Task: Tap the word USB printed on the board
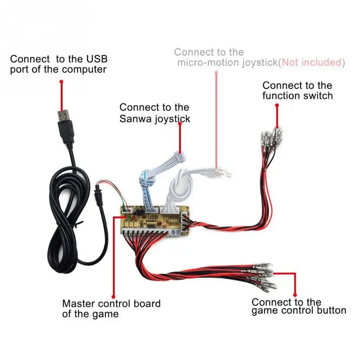[152, 217]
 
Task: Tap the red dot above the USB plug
[61, 81]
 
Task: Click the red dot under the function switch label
[277, 105]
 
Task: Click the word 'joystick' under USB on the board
[153, 222]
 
